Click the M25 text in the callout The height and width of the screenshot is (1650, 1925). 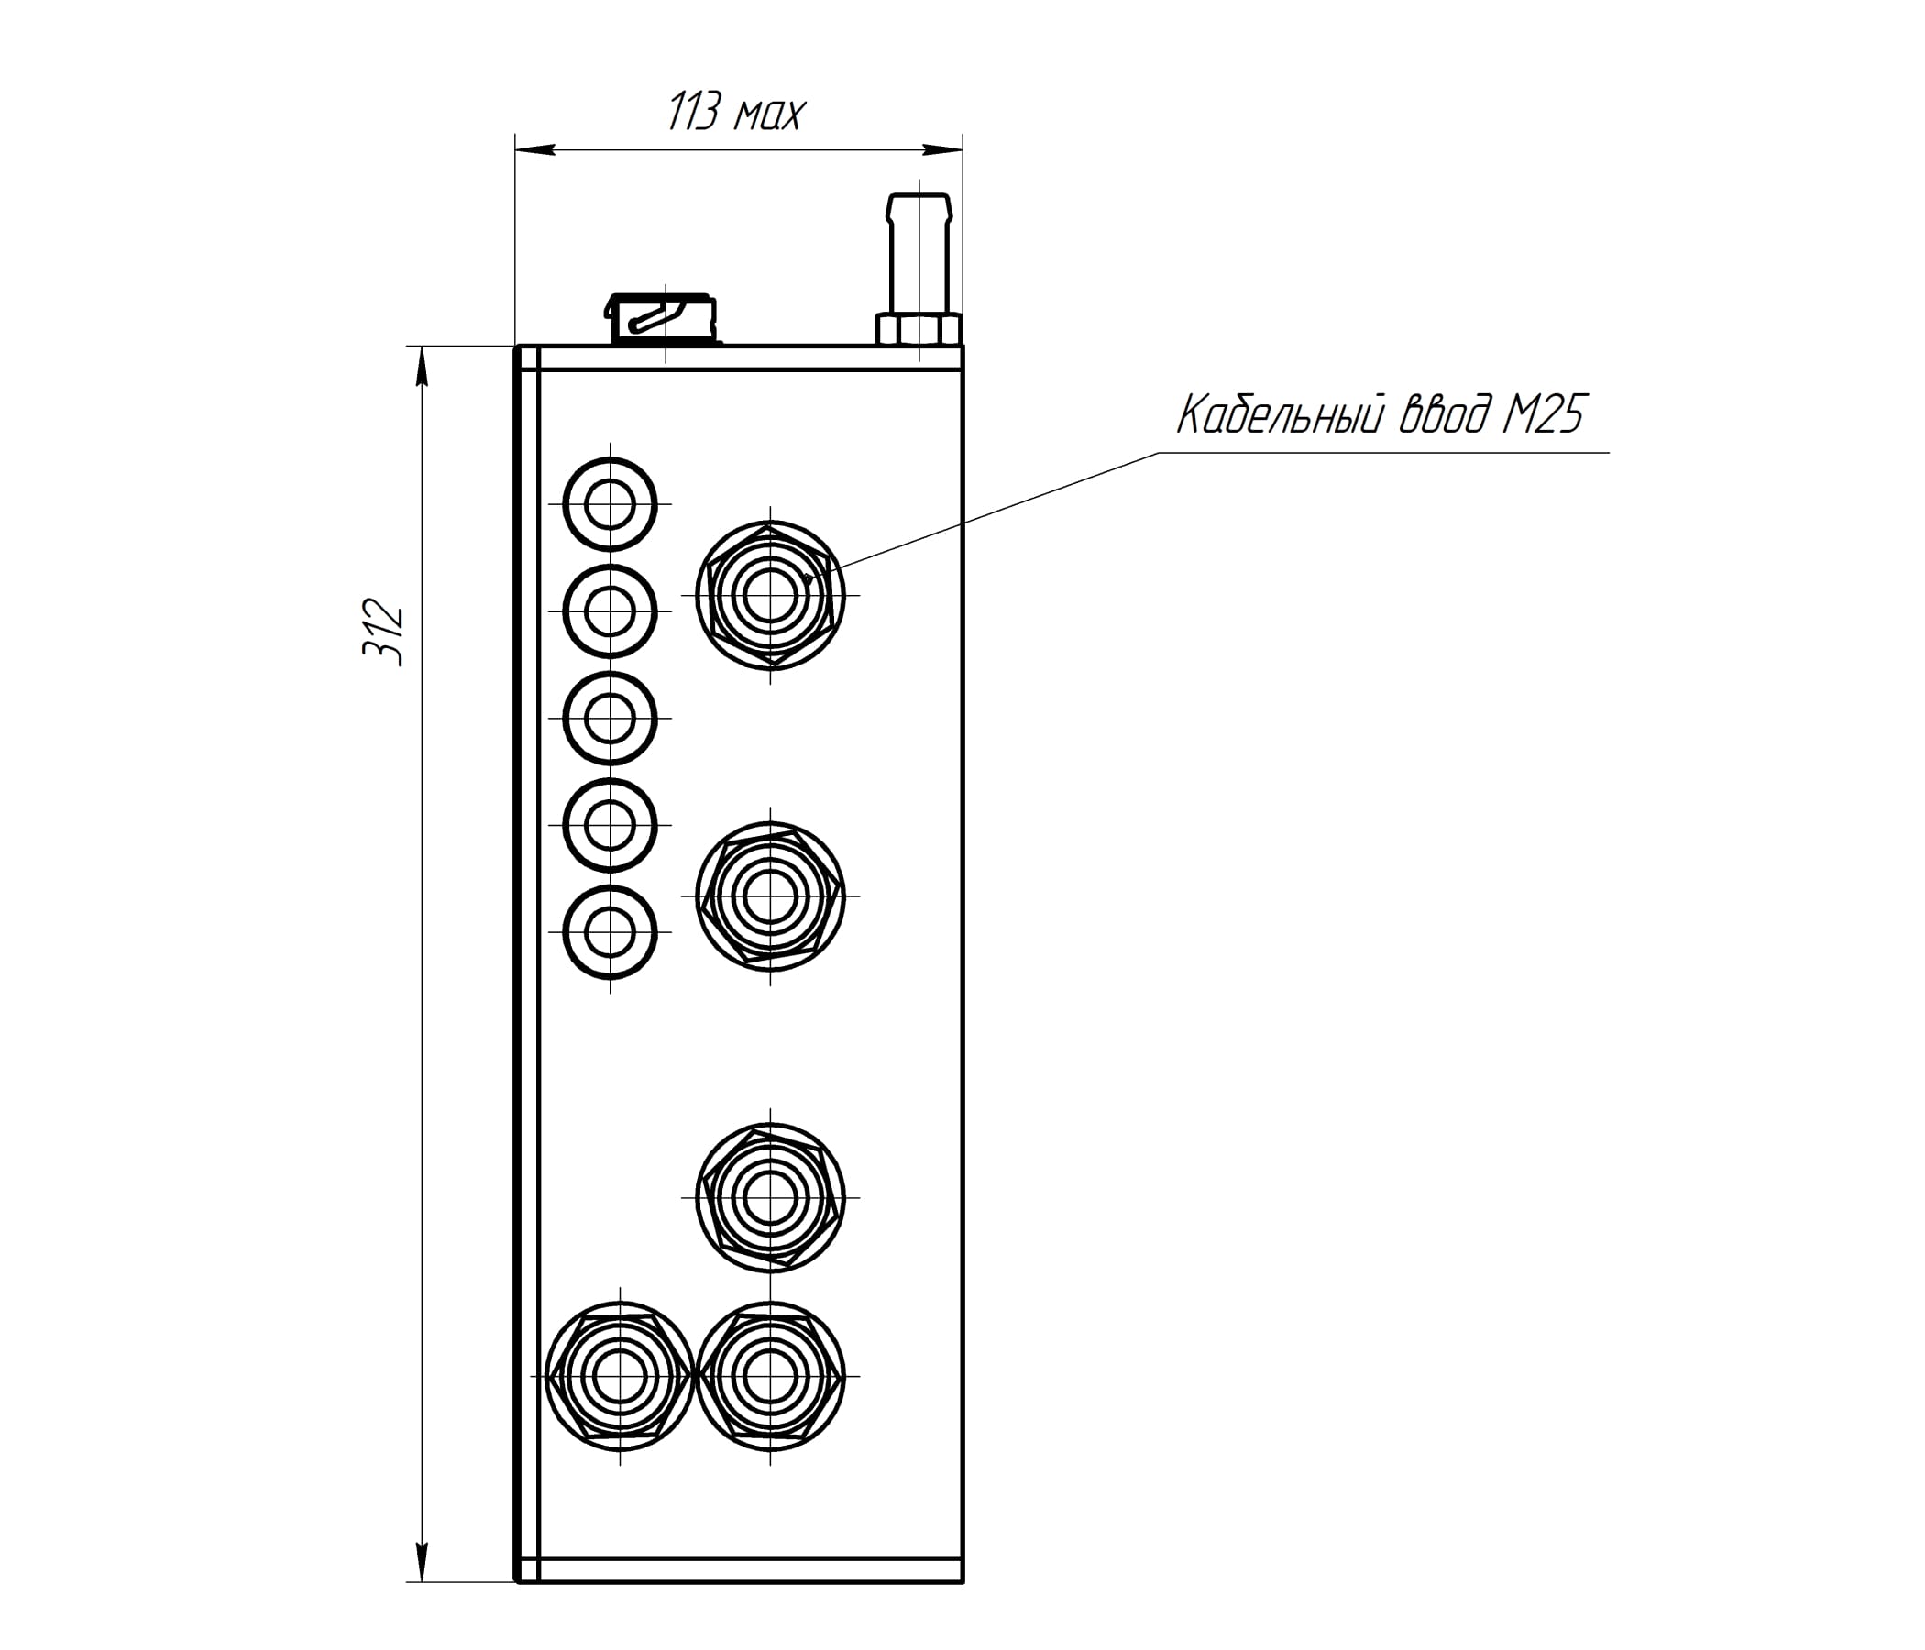coord(1542,414)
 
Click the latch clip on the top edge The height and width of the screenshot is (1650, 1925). coord(664,318)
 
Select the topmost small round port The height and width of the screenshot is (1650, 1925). coord(610,505)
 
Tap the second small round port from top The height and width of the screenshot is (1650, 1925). coord(610,612)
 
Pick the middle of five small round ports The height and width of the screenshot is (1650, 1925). coord(610,719)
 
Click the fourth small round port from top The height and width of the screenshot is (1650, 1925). coord(610,826)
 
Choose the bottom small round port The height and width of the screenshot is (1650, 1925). coord(610,933)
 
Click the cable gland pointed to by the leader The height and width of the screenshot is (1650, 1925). coord(770,595)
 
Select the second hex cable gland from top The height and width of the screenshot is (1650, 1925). coord(770,896)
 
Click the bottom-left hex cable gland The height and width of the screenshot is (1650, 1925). coord(621,1376)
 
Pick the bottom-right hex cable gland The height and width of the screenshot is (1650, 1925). coord(770,1376)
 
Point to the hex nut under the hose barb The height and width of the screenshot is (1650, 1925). coord(918,329)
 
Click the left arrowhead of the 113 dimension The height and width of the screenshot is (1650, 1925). coord(534,148)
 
